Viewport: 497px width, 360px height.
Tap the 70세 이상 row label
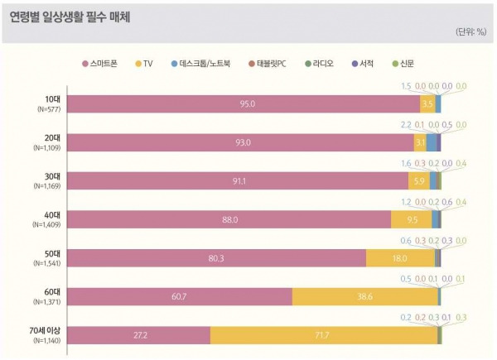[44, 331]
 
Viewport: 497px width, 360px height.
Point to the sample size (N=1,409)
[45, 223]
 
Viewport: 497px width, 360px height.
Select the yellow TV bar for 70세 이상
[324, 334]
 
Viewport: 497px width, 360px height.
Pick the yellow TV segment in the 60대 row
[364, 296]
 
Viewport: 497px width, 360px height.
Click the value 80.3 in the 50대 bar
[217, 257]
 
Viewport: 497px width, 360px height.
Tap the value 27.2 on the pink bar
[139, 334]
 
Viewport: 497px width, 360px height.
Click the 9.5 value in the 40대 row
[412, 219]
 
